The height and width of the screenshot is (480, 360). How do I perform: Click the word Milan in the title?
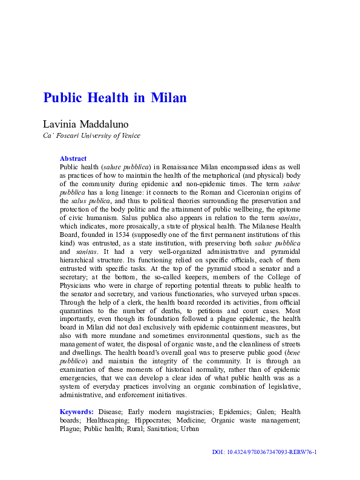[x=169, y=98]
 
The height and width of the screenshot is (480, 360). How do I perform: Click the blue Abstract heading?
[x=73, y=158]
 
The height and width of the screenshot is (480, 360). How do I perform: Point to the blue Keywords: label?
[x=76, y=412]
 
